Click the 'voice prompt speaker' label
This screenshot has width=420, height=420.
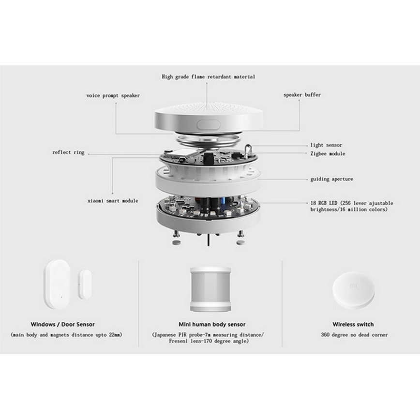(x=113, y=96)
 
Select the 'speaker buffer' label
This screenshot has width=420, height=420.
(x=302, y=95)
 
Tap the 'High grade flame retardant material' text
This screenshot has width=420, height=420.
(x=209, y=77)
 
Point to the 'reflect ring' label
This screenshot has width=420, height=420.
(x=68, y=152)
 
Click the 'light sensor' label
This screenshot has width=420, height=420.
(x=326, y=145)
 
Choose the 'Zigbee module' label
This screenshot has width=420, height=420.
(x=328, y=154)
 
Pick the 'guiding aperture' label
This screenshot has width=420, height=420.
(x=331, y=179)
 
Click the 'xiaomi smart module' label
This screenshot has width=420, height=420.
(x=113, y=201)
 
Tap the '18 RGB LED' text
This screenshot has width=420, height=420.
(x=324, y=203)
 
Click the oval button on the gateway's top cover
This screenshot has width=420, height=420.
(x=209, y=124)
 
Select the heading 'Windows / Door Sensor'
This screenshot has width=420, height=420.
(x=63, y=324)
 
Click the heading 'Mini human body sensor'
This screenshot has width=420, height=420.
(x=212, y=324)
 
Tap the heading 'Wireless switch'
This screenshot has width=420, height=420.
(x=353, y=324)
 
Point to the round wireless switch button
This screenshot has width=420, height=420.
(x=353, y=289)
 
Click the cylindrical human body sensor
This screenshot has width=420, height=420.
(x=210, y=289)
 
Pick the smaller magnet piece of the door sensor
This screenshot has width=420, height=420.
(x=85, y=285)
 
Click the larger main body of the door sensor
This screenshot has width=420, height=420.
(x=58, y=284)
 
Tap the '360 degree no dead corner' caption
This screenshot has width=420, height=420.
(x=354, y=335)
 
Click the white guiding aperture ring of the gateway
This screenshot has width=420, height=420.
(x=208, y=180)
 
